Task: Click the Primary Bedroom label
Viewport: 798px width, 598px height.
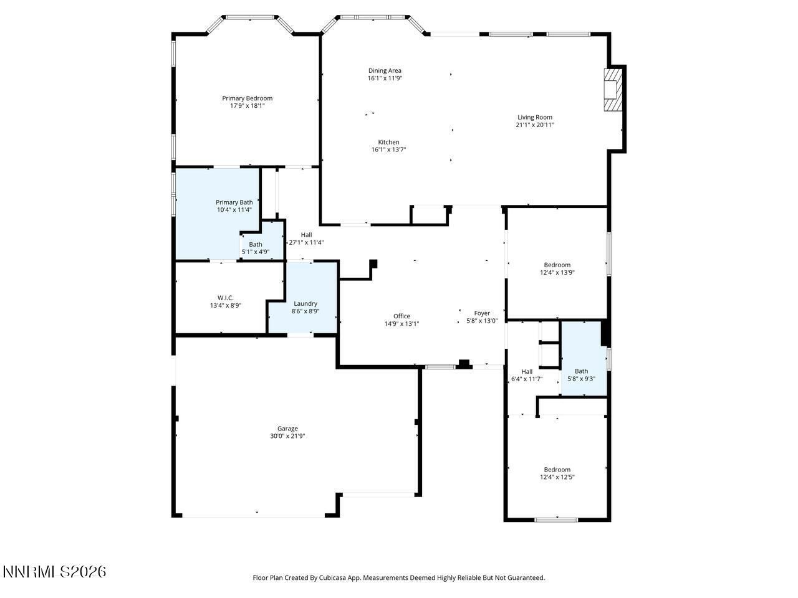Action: (247, 98)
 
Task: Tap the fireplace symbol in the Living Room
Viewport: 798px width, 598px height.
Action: (612, 90)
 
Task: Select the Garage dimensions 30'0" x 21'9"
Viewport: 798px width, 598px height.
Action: (287, 436)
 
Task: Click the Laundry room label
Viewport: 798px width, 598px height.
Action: (305, 303)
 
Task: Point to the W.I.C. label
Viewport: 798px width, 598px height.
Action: (225, 298)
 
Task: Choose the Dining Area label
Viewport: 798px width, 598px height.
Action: (385, 70)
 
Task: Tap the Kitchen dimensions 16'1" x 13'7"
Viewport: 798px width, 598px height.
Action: (388, 149)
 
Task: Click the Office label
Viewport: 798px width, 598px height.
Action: (401, 316)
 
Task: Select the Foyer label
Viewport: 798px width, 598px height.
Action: (482, 313)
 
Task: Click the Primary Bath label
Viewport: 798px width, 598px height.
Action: (234, 202)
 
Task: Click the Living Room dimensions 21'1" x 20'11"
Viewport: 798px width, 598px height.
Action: (535, 125)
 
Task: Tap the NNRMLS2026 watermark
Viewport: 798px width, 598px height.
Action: (54, 571)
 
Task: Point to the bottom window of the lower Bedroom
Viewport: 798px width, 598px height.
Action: (556, 520)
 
